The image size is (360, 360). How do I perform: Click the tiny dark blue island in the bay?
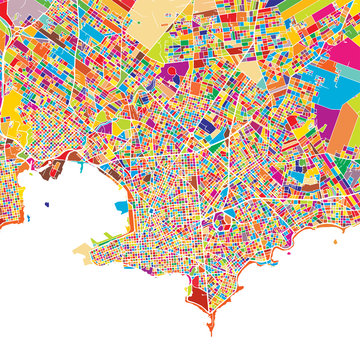point(47,205)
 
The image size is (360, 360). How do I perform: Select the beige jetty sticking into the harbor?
point(81,249)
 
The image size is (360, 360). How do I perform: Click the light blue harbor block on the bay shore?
point(122,207)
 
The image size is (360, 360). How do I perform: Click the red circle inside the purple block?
point(172,72)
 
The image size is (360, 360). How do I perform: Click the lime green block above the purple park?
point(160,50)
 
